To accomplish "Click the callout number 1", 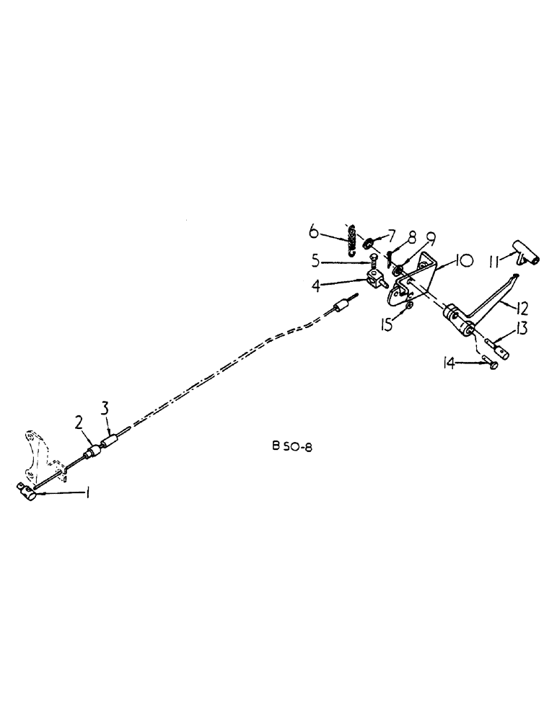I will [x=88, y=495].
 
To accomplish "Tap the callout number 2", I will [x=79, y=422].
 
